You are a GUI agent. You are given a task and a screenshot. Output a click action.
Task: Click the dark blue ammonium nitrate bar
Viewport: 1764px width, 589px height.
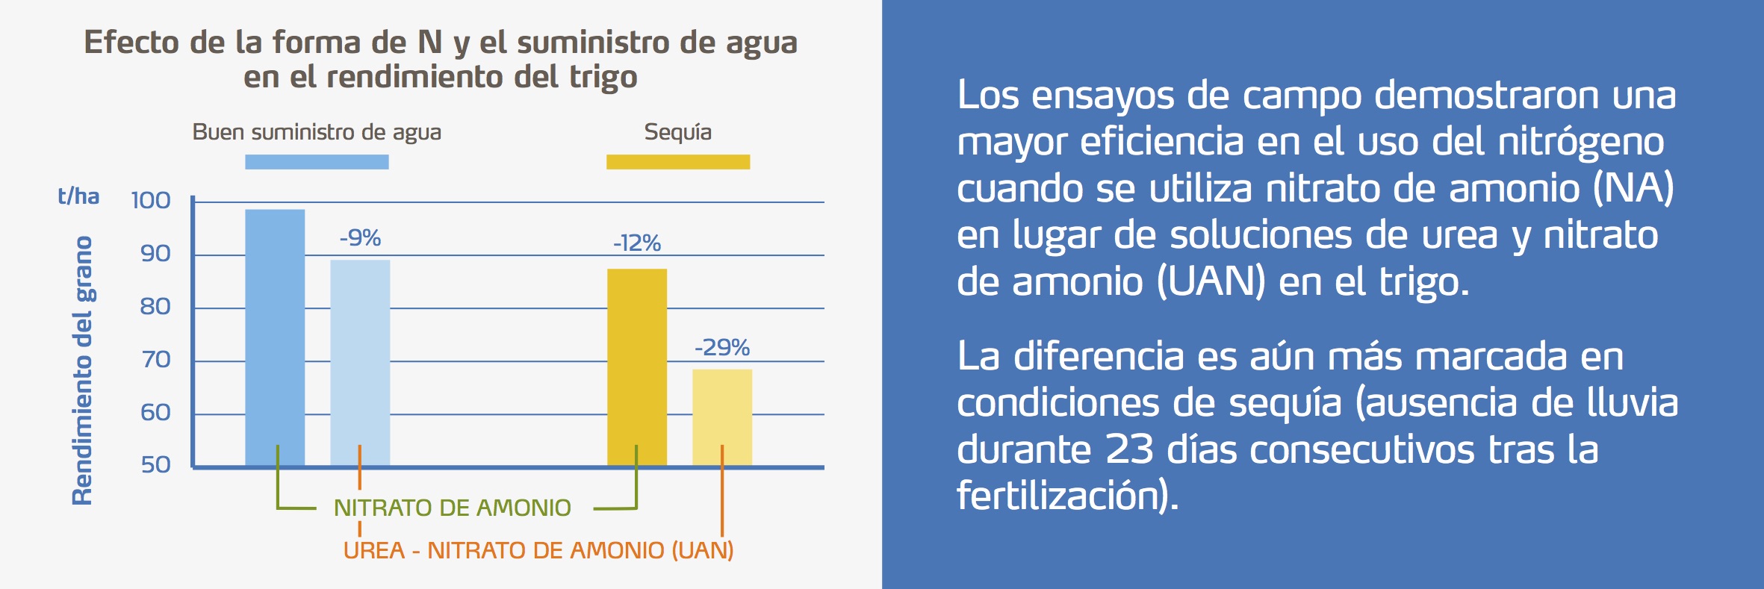[275, 336]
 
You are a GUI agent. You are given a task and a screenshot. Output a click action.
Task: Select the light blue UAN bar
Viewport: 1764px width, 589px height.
[360, 362]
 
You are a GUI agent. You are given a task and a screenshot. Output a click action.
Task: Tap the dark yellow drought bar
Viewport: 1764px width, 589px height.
[636, 366]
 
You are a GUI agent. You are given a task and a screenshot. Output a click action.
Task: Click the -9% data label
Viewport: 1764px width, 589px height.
[360, 238]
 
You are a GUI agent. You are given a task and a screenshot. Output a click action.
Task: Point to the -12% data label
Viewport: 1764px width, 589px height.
[636, 243]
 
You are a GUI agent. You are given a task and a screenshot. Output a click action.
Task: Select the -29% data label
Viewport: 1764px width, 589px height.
[721, 347]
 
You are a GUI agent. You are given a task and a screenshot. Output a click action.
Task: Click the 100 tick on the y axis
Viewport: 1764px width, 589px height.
[151, 200]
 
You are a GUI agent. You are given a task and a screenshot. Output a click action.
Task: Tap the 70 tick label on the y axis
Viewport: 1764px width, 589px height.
[155, 360]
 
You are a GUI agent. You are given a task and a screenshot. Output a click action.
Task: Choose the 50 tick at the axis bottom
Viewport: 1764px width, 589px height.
[155, 465]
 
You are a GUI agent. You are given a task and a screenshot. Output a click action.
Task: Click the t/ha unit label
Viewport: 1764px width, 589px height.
[78, 196]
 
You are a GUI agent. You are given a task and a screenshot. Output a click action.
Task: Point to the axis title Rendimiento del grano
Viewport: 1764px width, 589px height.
[83, 370]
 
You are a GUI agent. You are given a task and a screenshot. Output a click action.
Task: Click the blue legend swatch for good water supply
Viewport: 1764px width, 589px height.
[317, 162]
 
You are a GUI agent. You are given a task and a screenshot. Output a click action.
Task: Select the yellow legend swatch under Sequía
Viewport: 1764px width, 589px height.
[677, 162]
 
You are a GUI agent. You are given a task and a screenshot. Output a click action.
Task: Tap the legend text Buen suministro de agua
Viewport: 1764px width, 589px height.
[317, 132]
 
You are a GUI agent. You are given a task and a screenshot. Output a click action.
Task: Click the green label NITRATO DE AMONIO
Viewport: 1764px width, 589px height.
[452, 508]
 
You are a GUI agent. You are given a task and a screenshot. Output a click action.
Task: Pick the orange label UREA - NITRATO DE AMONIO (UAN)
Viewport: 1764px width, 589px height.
[538, 551]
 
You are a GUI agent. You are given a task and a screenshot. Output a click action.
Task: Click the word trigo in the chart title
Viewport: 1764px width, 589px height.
[603, 78]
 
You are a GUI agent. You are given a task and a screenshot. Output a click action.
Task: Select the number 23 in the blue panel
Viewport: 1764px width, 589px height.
[1130, 450]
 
